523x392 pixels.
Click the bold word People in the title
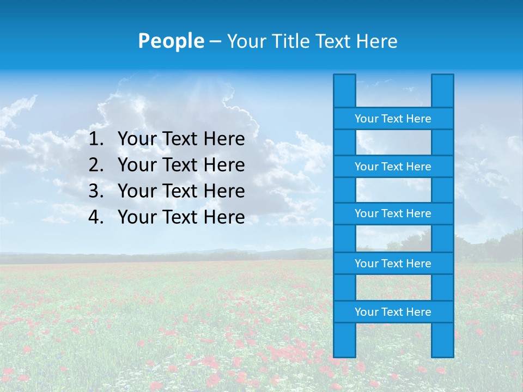(x=171, y=41)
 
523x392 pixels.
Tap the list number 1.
(x=95, y=139)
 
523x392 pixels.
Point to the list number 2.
(x=95, y=165)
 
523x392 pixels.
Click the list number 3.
(x=95, y=191)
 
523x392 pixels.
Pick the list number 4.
(x=95, y=217)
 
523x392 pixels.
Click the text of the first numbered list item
(x=181, y=139)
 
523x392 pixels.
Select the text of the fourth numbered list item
(x=181, y=217)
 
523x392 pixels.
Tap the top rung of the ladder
(x=393, y=119)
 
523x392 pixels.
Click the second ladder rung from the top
(x=393, y=167)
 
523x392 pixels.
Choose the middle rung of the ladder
(x=393, y=213)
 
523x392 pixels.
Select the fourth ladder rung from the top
(x=393, y=264)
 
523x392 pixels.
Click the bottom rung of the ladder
(x=393, y=312)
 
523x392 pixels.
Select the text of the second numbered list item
(x=181, y=165)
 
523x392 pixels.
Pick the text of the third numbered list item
(x=181, y=191)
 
